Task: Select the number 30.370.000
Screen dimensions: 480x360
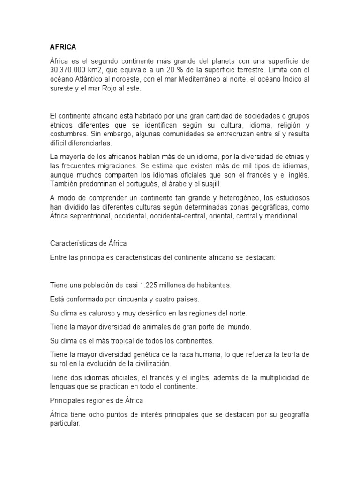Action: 67,70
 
